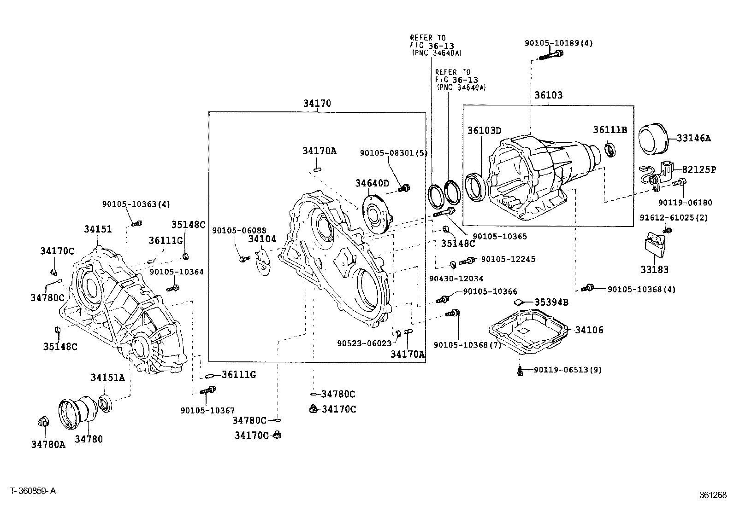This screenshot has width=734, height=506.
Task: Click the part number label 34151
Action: [x=98, y=229]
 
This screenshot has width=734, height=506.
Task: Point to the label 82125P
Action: [x=699, y=169]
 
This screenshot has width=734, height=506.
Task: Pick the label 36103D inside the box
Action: [x=484, y=130]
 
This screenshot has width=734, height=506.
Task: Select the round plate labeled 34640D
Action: [x=376, y=214]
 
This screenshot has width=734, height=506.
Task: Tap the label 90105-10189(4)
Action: [x=558, y=43]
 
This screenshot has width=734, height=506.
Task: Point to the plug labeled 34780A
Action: [x=43, y=421]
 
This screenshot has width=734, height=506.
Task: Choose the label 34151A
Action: [x=107, y=378]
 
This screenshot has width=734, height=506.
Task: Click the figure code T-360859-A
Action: [x=33, y=491]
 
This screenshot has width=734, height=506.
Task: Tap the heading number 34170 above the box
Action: [x=317, y=104]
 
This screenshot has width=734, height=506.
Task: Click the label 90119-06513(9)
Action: [x=568, y=369]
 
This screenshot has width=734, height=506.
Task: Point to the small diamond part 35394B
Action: [x=518, y=302]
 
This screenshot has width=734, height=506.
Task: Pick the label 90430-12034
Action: [x=450, y=278]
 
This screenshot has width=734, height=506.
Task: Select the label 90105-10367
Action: [x=207, y=410]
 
